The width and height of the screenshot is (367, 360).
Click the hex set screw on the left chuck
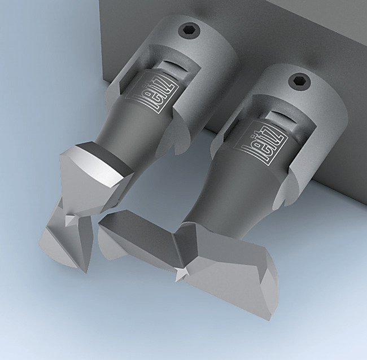pyautogui.click(x=189, y=31)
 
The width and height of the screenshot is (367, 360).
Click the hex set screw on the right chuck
pyautogui.click(x=299, y=81)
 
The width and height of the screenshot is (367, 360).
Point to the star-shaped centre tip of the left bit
pyautogui.click(x=70, y=220)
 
